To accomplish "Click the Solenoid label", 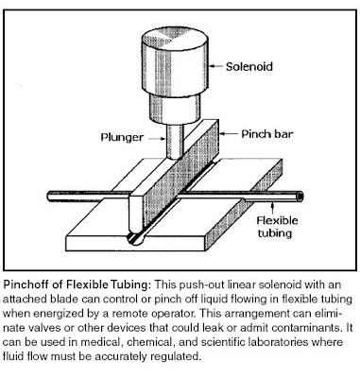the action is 249,67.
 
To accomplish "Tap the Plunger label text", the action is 122,137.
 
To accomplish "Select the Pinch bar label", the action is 267,134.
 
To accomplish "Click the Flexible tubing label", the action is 277,227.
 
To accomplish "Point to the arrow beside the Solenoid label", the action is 216,66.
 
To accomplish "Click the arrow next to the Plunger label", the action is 157,139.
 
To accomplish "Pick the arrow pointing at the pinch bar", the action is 228,134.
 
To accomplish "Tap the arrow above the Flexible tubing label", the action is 273,207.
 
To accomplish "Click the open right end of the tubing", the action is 300,197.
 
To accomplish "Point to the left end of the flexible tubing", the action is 50,197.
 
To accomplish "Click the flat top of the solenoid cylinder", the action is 175,41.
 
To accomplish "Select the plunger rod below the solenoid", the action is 175,141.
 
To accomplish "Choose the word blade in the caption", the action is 64,299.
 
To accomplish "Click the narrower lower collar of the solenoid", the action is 175,110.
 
